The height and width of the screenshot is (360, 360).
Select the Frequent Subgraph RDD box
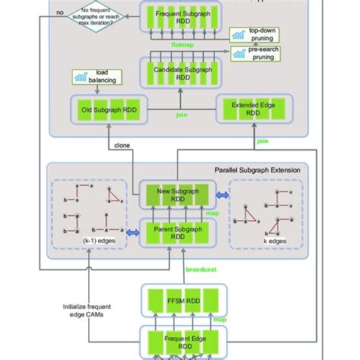(181, 16)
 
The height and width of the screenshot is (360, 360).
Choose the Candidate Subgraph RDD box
(181, 72)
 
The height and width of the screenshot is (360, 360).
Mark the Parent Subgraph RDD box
(180, 231)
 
